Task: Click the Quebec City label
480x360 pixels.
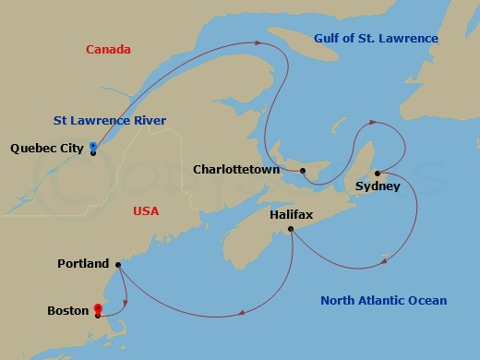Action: (x=47, y=148)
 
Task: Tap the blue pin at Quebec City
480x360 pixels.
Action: (x=93, y=147)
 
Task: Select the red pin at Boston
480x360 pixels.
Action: (x=97, y=309)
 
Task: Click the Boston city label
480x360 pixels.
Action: (x=67, y=311)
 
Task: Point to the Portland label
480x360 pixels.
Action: (x=82, y=263)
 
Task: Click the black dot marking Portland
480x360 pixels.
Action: (x=117, y=265)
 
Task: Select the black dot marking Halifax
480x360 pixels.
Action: (x=291, y=229)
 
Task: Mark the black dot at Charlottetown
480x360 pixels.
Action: (x=302, y=171)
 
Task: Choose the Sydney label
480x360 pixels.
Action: (x=378, y=186)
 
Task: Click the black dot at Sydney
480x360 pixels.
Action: (x=378, y=172)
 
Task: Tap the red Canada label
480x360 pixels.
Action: (x=108, y=49)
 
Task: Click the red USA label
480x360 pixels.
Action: (x=146, y=211)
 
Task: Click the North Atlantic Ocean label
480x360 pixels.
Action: (x=383, y=300)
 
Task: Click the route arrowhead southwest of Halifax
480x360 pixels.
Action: (x=242, y=312)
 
